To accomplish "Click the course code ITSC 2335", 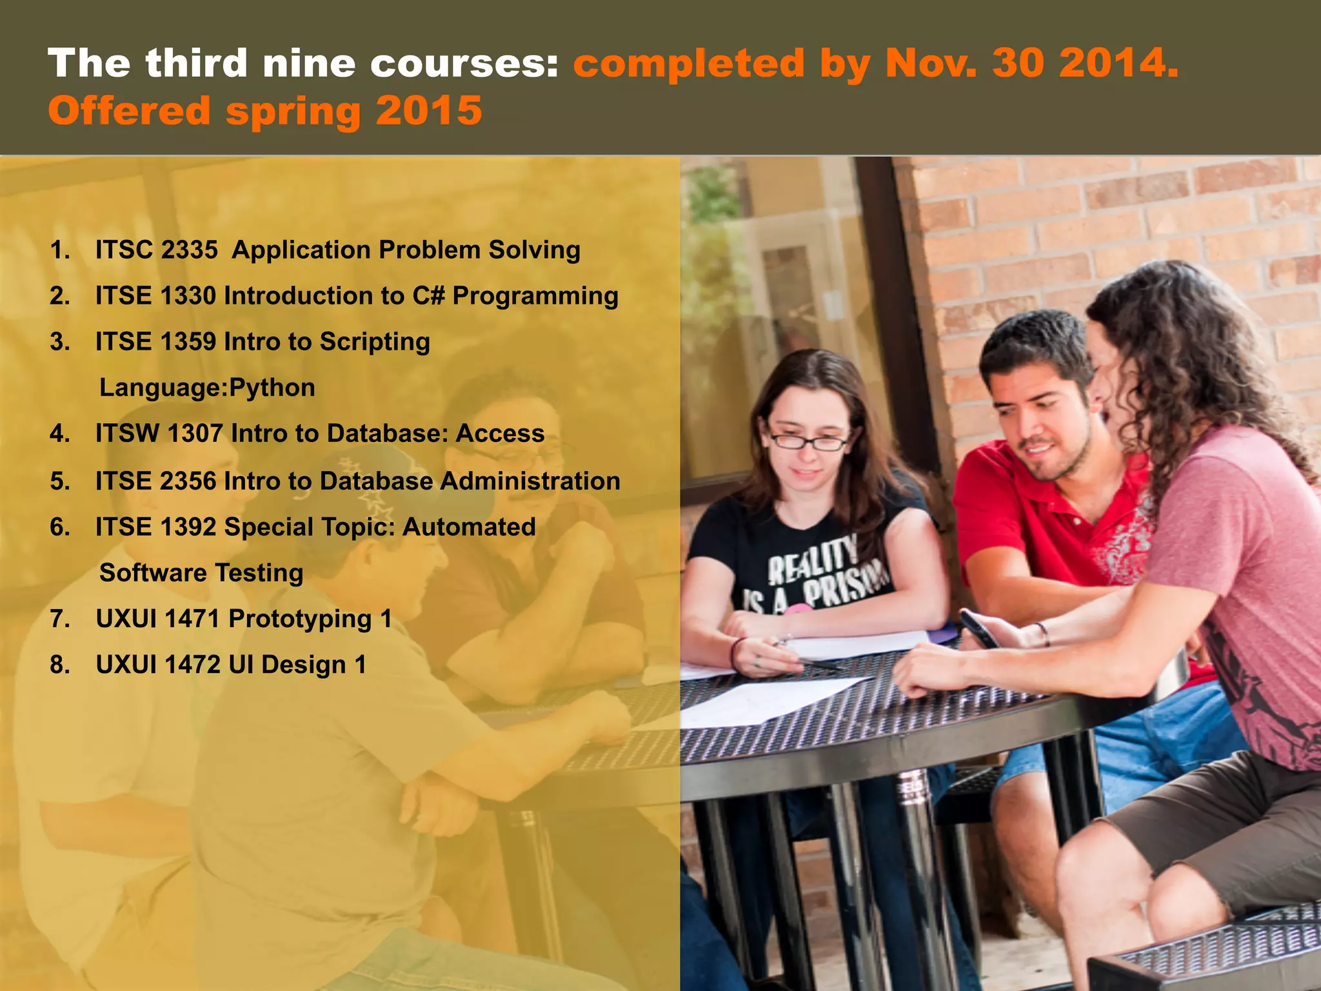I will click(x=157, y=250).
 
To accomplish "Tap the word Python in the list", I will click(x=272, y=388).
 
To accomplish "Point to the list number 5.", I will click(x=60, y=481).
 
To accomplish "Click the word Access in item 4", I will click(x=500, y=434).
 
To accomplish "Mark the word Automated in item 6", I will click(x=469, y=527).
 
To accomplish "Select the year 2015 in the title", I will click(x=429, y=110).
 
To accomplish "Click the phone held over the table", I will click(x=979, y=628).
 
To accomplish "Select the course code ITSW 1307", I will click(x=159, y=434).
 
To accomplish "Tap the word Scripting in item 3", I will click(x=375, y=342).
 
